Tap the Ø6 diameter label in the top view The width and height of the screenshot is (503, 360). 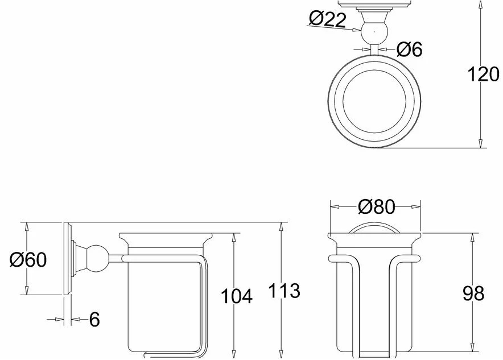pos(410,49)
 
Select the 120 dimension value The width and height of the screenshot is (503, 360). pos(483,75)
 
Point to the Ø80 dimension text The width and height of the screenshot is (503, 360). pos(377,206)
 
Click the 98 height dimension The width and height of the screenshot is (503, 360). pos(473,293)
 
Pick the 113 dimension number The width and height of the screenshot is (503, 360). pos(285,291)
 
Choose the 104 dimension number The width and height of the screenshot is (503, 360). pos(237,296)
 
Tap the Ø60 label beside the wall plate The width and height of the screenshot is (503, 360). pos(28,259)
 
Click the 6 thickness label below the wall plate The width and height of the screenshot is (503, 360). pos(94,320)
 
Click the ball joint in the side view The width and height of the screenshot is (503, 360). pos(98,258)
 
